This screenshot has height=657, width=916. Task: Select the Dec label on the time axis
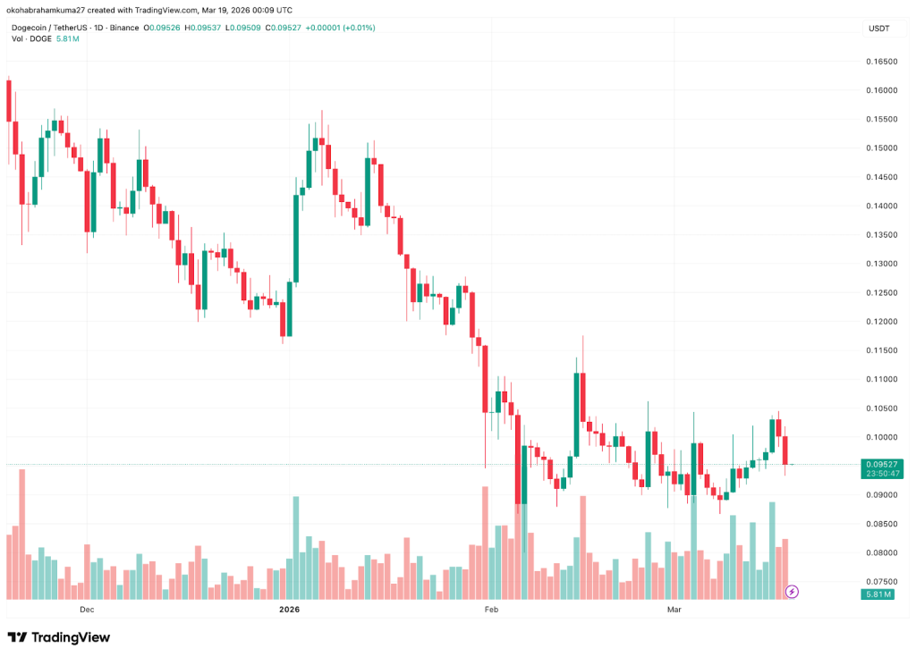87,610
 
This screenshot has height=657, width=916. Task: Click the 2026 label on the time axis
289,610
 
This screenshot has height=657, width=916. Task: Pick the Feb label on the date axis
490,610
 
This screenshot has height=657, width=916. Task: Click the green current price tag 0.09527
881,464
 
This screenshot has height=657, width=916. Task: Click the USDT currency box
879,29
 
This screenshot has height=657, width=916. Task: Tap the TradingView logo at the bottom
58,637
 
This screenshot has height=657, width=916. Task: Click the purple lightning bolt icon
792,592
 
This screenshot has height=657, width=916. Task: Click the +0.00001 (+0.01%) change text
340,28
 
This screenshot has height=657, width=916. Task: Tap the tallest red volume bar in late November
21,534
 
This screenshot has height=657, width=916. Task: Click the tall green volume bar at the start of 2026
295,547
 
